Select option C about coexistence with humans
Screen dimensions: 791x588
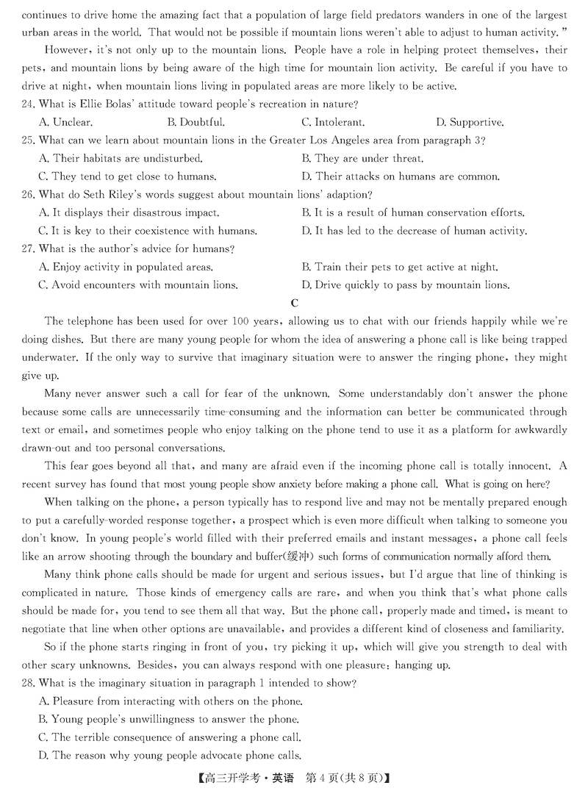click(147, 231)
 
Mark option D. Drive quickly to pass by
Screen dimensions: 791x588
click(405, 285)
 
